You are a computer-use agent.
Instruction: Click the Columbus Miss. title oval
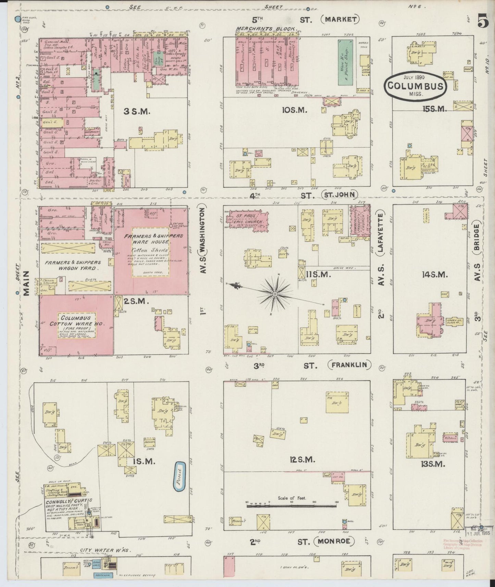tap(415, 86)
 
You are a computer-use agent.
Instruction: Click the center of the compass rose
tap(275, 294)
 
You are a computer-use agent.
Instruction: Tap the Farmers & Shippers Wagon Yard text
tap(72, 265)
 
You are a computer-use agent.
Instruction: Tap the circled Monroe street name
tap(335, 551)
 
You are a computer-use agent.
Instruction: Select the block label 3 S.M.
tap(136, 111)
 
